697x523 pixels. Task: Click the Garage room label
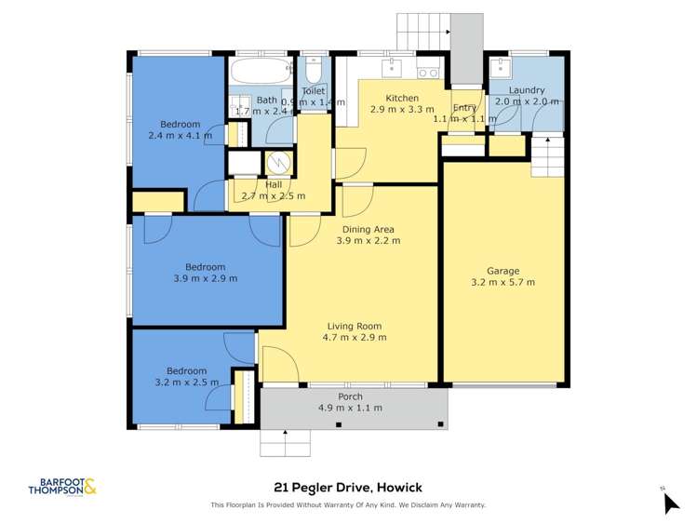point(503,271)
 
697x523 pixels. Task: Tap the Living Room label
point(355,326)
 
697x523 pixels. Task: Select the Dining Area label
point(368,229)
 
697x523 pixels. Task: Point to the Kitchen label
point(401,98)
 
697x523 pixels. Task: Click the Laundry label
point(527,89)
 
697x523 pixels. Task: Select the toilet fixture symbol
point(314,73)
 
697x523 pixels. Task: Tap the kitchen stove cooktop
point(428,71)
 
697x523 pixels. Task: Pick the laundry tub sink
point(502,68)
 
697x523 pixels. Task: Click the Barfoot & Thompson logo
point(62,486)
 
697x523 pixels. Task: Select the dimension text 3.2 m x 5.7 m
point(503,282)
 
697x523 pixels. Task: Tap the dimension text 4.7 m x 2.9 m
point(355,337)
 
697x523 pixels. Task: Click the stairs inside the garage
point(547,155)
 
